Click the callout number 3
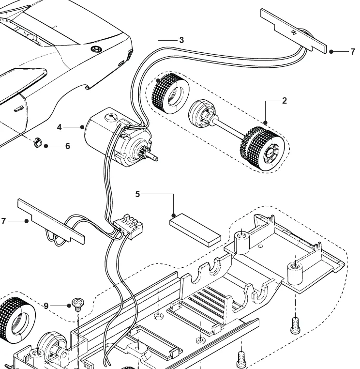[181, 40]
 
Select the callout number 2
[285, 101]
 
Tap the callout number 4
[60, 127]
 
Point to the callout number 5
[137, 194]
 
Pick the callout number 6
[67, 146]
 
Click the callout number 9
[46, 306]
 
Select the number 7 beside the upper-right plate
[353, 51]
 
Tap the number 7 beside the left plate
[4, 221]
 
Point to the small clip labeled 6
[38, 143]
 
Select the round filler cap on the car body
[96, 49]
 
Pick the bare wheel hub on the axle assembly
[202, 115]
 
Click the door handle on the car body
[19, 108]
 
